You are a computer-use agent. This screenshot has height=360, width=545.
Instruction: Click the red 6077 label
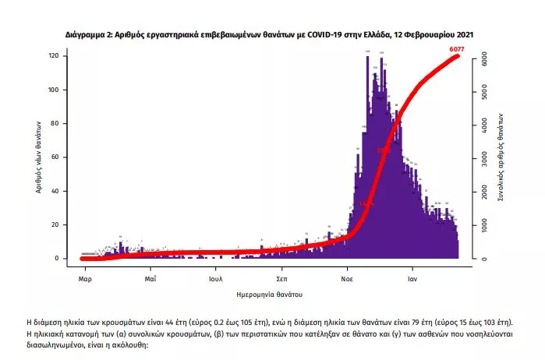[458, 50]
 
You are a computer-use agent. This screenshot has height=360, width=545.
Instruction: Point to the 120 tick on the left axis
[55, 56]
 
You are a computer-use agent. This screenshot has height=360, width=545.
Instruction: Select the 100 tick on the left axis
[55, 90]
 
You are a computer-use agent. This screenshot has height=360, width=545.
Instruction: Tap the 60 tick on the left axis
[56, 157]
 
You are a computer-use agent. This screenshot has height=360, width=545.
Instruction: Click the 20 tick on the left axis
[56, 224]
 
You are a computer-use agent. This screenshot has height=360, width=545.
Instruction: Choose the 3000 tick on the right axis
[484, 158]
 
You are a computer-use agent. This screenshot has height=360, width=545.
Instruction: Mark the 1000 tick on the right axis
[484, 224]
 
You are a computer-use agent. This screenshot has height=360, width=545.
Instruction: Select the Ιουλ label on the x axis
[217, 277]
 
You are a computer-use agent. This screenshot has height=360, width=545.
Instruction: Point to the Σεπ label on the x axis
[283, 277]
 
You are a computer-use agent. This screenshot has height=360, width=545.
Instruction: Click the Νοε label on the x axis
[348, 277]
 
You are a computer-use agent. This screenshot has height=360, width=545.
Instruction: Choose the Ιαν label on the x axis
[413, 277]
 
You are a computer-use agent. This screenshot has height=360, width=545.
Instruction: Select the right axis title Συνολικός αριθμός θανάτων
[503, 157]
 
